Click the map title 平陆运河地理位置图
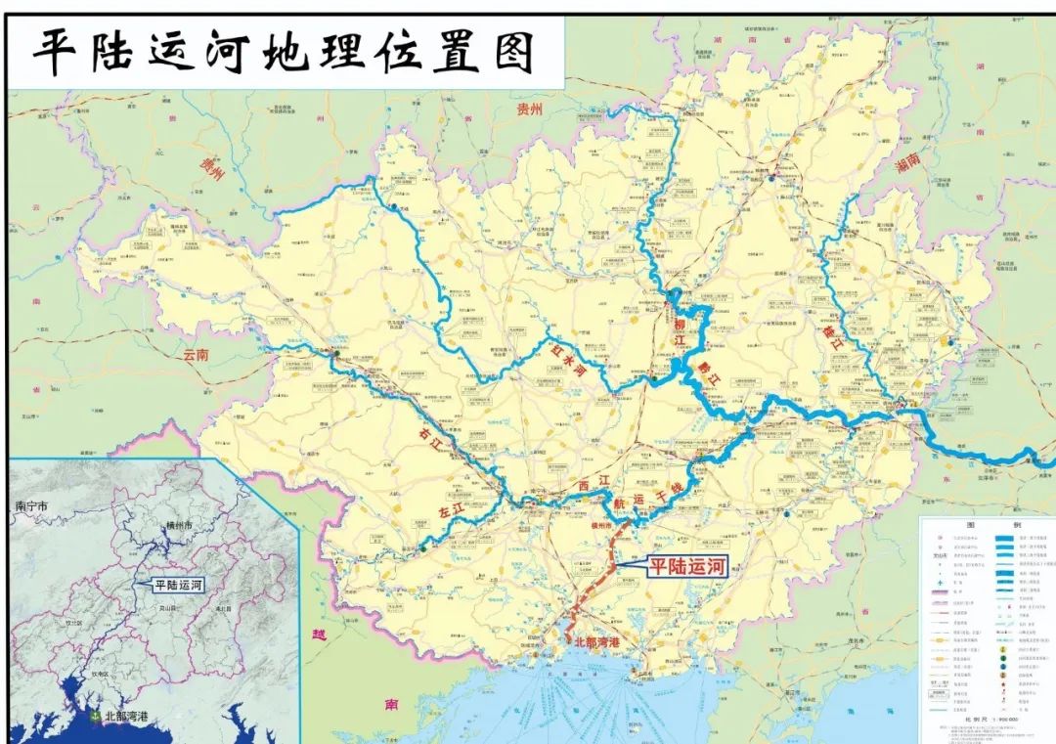pos(285,51)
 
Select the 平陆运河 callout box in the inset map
pos(177,586)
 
